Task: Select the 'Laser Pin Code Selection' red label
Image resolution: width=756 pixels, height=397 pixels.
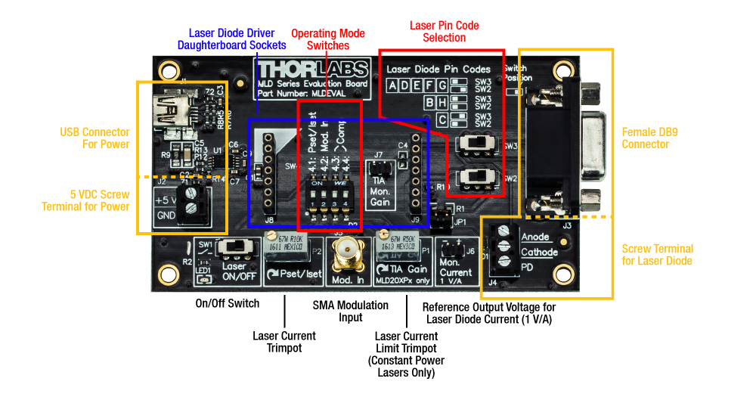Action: click(x=445, y=32)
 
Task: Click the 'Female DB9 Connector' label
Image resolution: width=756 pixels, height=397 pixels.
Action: click(x=645, y=138)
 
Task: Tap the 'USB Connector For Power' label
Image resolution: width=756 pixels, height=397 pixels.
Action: click(x=94, y=138)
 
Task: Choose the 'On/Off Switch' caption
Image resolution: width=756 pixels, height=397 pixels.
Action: click(x=228, y=303)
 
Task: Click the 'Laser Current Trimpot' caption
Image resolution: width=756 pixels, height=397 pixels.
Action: click(x=284, y=341)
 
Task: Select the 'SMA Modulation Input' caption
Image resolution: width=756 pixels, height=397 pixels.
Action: click(x=351, y=311)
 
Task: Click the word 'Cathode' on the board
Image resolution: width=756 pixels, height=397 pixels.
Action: click(x=539, y=253)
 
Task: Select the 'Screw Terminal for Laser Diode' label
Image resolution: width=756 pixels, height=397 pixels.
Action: click(x=657, y=255)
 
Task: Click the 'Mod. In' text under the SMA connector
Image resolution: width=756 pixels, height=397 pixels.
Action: click(x=348, y=281)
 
